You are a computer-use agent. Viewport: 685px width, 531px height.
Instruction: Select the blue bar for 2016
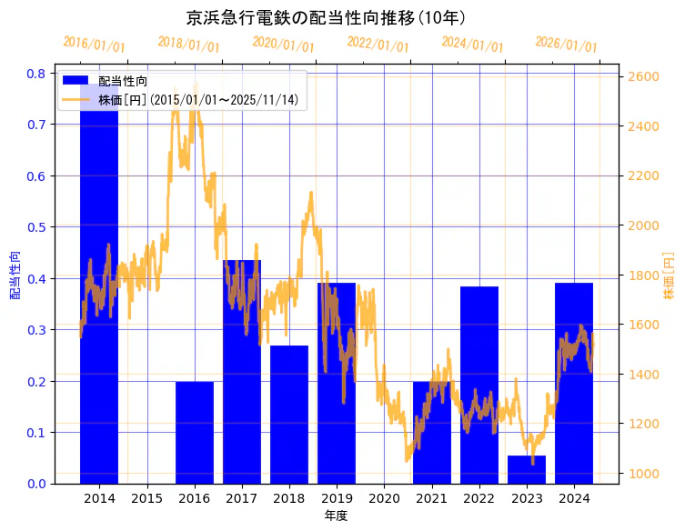tap(194, 433)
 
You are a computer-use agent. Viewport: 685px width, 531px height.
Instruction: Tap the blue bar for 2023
tap(526, 469)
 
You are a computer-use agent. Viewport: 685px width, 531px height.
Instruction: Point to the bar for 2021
tap(431, 433)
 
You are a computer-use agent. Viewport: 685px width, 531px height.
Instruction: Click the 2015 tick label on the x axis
tap(146, 498)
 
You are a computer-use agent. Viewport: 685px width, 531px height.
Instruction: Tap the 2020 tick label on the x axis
tap(384, 498)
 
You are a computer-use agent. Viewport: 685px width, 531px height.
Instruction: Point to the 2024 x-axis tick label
tap(574, 498)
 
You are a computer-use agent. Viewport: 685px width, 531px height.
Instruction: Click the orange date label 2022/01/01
tap(378, 44)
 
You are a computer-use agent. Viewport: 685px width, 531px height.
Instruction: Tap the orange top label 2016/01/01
tap(94, 44)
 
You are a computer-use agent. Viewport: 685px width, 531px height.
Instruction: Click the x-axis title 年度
tap(336, 516)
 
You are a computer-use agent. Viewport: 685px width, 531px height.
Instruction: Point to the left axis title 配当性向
tap(15, 276)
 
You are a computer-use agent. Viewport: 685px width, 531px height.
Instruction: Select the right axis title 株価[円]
tap(669, 276)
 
